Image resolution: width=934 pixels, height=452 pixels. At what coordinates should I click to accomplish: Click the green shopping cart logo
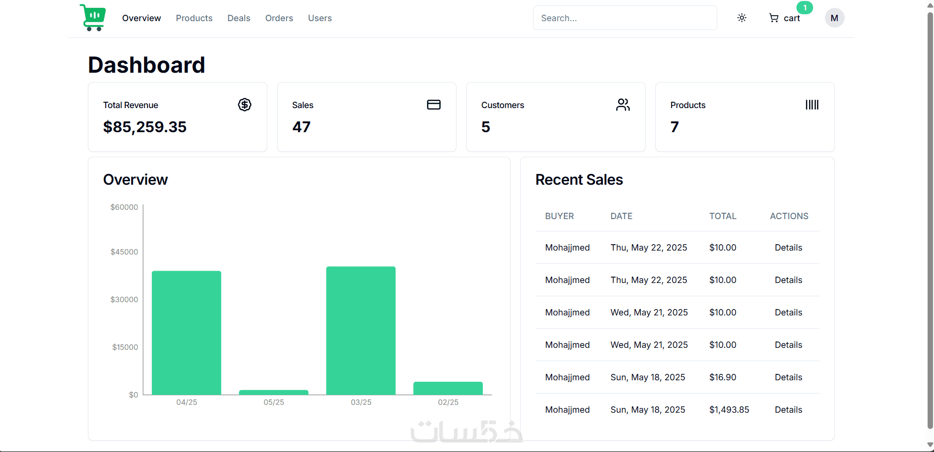coord(93,18)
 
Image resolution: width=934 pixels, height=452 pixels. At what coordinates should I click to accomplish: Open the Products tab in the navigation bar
coord(194,18)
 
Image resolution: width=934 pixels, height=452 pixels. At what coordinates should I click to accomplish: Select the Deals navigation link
coord(239,18)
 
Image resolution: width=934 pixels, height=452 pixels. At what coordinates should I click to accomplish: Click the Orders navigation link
coord(279,18)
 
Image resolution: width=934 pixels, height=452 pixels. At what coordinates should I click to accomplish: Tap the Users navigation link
coord(320,18)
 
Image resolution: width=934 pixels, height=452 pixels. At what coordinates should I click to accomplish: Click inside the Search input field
coord(624,18)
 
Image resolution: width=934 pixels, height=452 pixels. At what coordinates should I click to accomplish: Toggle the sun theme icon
coord(742,18)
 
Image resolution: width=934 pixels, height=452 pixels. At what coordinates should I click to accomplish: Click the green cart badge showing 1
coord(805,8)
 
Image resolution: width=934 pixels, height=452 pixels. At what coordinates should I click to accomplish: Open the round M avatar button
coord(834,18)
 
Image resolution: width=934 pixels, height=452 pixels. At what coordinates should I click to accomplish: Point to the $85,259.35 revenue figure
coord(145,127)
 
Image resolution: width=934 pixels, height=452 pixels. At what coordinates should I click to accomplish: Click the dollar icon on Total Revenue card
coord(245,105)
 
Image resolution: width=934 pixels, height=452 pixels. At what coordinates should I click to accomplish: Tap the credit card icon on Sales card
coord(434,105)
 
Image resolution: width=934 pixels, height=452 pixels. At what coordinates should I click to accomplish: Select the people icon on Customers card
coord(623,105)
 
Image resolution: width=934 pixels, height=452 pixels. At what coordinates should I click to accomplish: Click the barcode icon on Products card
coord(812,105)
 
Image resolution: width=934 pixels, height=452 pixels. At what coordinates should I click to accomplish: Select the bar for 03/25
coord(361,331)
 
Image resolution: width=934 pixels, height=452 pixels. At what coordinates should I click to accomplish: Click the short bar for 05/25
coord(274,392)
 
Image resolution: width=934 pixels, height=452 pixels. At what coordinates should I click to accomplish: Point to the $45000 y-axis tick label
coord(124,252)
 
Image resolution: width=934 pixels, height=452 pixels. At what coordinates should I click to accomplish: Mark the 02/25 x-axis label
coord(448,402)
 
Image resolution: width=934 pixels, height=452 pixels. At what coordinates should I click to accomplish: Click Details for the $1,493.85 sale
coord(788,410)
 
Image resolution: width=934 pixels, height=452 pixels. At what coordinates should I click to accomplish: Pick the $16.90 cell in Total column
coord(723,377)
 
